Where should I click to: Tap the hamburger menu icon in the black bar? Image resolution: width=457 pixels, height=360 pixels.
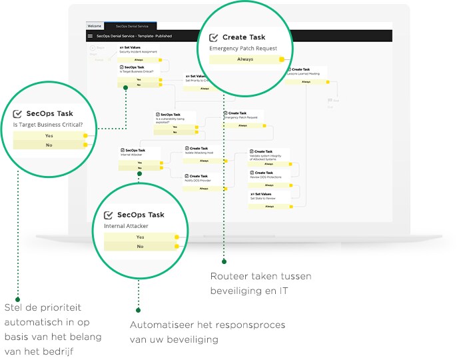[x=90, y=35]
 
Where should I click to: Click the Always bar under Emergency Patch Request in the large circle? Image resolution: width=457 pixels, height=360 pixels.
[x=245, y=59]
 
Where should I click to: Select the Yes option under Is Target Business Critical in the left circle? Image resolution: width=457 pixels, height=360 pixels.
[x=49, y=135]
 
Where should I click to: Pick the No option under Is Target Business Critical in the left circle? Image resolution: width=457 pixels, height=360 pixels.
[x=49, y=145]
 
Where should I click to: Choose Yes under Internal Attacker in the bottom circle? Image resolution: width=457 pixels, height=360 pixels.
[x=140, y=237]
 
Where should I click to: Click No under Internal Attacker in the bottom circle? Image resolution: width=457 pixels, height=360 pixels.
[x=140, y=246]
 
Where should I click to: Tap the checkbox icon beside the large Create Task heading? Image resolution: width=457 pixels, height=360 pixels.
[x=214, y=38]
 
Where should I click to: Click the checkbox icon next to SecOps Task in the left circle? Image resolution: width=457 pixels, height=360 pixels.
[x=17, y=114]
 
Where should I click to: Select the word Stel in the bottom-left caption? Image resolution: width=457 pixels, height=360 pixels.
[x=13, y=308]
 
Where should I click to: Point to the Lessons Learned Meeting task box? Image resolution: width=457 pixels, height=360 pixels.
[x=306, y=72]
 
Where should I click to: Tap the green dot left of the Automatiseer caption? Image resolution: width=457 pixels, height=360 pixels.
[x=138, y=310]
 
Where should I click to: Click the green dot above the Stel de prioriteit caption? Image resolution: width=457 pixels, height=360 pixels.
[x=18, y=299]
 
